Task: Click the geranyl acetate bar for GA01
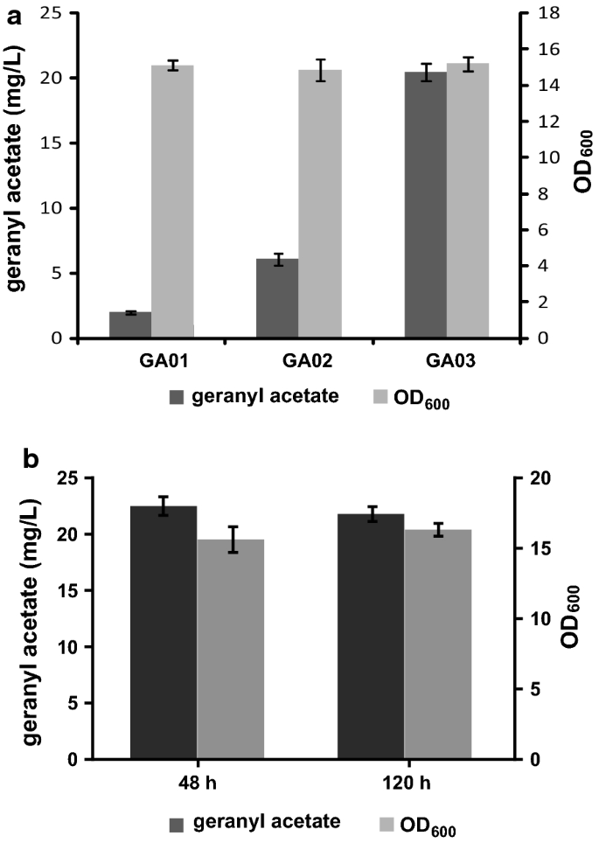click(x=130, y=324)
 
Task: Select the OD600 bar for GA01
click(x=172, y=202)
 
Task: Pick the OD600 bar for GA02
click(x=320, y=204)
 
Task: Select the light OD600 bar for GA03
click(x=468, y=201)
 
